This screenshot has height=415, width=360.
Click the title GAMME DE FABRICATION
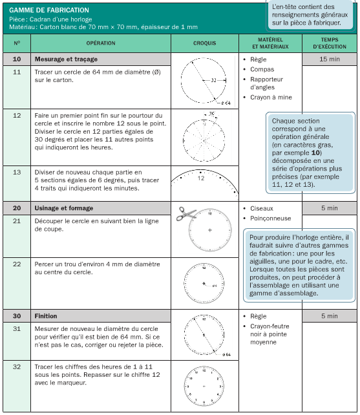tap(49, 10)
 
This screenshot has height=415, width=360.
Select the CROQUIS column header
tap(205, 43)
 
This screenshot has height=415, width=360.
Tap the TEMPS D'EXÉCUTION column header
tap(330, 43)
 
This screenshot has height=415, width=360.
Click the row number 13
tap(17, 173)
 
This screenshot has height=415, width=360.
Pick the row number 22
tap(17, 264)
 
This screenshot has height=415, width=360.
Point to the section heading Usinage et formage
tap(64, 208)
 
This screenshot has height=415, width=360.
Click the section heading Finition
tap(46, 316)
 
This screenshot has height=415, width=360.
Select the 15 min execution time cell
tap(330, 59)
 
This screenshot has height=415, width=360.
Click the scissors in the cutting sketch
tap(186, 213)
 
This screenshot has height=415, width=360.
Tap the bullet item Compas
tap(262, 69)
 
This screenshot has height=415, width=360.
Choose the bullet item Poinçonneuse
tap(271, 218)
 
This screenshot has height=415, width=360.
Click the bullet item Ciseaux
tap(262, 209)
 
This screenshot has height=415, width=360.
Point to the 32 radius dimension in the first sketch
tap(214, 80)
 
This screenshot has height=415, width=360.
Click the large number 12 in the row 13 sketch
tap(201, 178)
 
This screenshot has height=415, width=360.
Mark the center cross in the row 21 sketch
tap(210, 230)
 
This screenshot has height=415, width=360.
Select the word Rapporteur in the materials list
tap(266, 80)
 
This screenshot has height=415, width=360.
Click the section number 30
tap(17, 316)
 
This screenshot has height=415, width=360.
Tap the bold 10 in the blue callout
tap(315, 153)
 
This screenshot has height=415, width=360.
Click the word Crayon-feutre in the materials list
tap(270, 326)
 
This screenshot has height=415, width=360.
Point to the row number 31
tap(17, 329)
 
